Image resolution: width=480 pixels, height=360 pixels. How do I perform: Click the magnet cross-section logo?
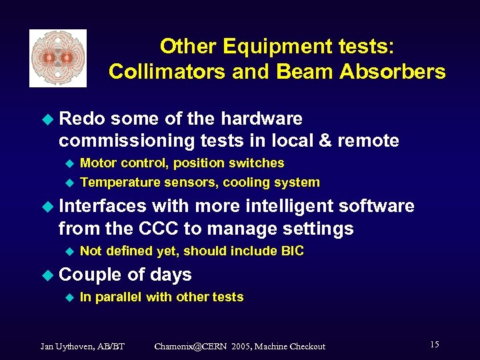coord(58,58)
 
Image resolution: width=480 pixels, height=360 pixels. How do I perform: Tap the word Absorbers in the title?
coord(395,71)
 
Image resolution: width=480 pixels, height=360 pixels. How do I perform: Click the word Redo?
coord(83,119)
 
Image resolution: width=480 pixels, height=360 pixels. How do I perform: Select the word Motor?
coord(98,163)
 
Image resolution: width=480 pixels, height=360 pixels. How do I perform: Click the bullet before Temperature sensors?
coord(67,182)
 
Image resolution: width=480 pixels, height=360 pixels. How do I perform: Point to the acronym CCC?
coord(159,229)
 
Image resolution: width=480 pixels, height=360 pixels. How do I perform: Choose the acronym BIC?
coord(292,251)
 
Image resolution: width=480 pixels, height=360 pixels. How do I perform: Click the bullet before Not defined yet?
coord(67,251)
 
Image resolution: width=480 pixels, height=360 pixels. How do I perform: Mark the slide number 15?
coord(434,345)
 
